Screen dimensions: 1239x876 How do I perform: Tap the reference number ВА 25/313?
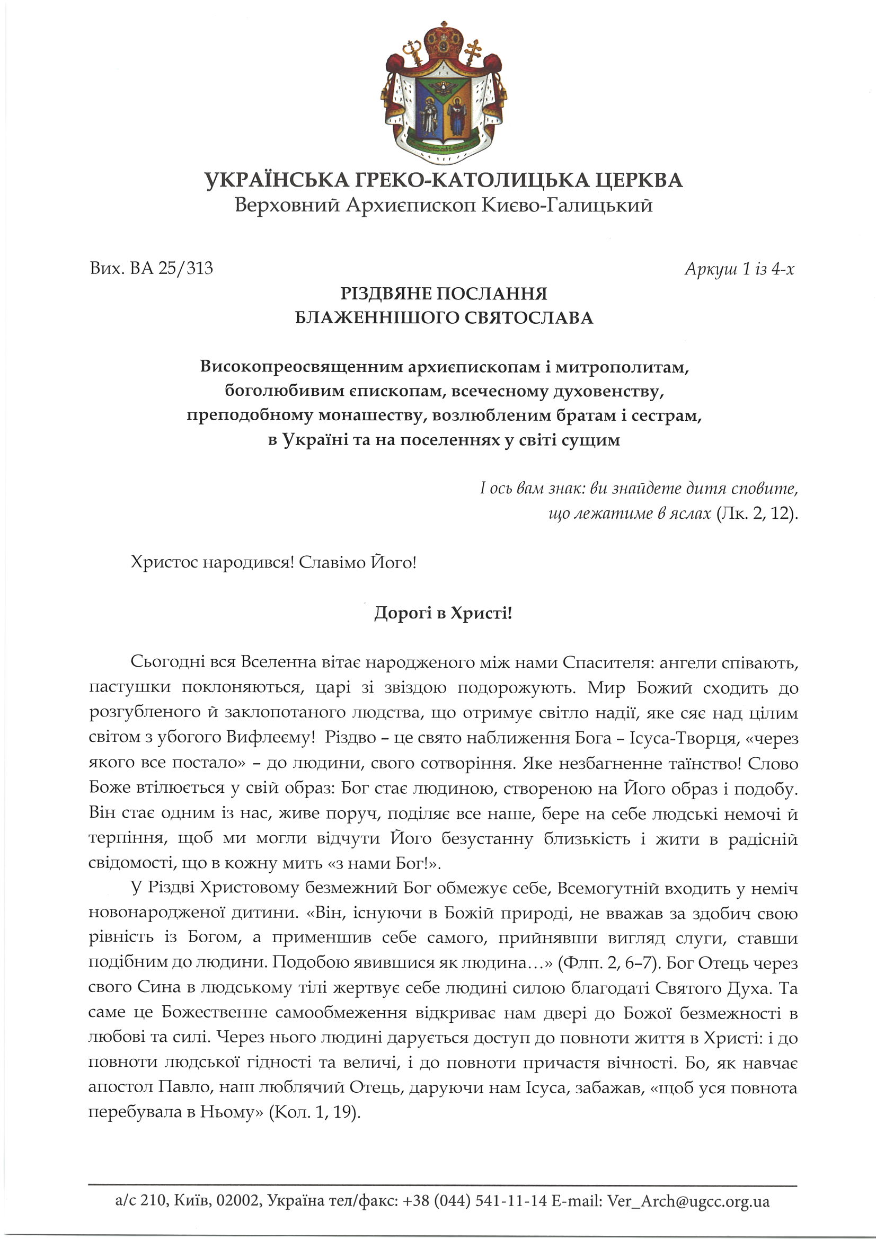tap(172, 268)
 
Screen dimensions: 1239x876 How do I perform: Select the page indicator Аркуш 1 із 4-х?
tap(739, 269)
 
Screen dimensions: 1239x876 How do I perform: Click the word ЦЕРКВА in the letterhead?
tap(639, 180)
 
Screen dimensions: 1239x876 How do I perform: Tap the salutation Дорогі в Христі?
tap(443, 614)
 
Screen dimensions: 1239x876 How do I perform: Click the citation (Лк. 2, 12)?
tap(757, 513)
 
